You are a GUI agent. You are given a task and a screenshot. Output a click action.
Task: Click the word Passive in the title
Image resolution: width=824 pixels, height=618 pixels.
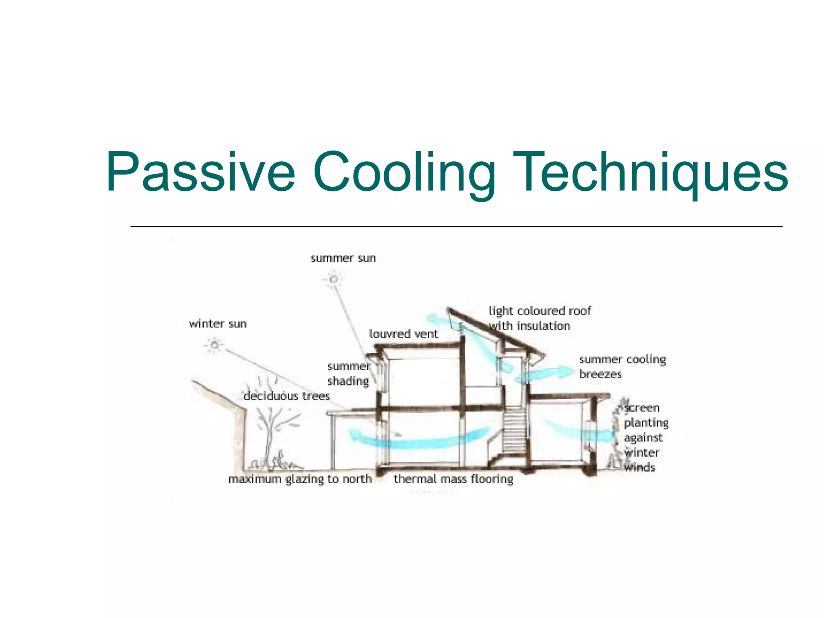(x=200, y=172)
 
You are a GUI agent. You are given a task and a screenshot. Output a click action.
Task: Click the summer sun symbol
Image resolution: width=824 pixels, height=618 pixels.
(x=333, y=279)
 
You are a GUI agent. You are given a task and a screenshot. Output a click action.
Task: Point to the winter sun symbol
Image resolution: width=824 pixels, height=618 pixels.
(x=214, y=345)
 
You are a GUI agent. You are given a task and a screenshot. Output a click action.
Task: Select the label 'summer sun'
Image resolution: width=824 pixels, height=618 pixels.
(x=343, y=258)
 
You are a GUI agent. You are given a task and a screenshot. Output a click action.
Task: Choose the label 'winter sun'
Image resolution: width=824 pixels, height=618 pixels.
(x=218, y=323)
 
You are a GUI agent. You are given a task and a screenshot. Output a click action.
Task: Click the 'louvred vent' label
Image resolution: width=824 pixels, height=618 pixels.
(x=404, y=334)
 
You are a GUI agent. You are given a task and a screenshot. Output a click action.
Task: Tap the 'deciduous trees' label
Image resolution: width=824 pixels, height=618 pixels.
(x=286, y=396)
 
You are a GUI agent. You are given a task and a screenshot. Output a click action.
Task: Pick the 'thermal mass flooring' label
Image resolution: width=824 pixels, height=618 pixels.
(x=453, y=479)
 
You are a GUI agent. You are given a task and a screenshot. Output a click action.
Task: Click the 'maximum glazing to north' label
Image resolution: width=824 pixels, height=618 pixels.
(x=300, y=479)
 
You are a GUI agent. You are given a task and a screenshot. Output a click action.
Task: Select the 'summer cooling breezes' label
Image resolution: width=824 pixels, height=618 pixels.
(x=622, y=367)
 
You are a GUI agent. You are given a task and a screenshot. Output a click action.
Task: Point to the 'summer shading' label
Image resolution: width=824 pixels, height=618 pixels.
(x=348, y=374)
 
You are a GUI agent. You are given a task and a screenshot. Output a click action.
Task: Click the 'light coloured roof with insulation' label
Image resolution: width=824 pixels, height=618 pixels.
(x=539, y=318)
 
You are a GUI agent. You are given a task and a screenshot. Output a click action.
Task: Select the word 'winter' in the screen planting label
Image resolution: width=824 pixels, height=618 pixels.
(x=641, y=452)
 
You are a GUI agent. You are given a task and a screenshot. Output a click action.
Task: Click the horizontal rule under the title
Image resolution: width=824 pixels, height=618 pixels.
(x=456, y=227)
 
